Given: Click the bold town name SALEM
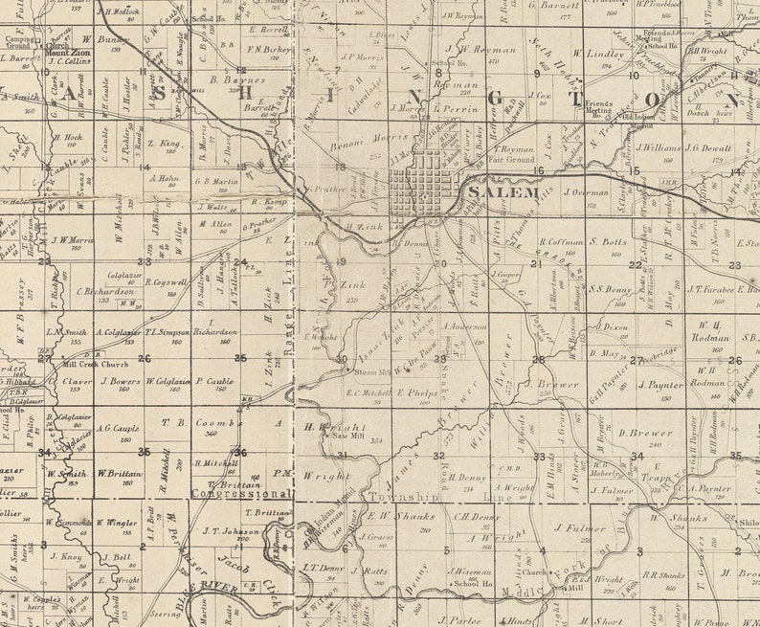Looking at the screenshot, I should [504, 192].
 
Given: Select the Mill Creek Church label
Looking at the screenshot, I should [88, 365].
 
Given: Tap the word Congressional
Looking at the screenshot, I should [241, 494].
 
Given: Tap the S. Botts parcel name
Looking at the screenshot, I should [608, 242].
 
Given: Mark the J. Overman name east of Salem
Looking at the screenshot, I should [587, 191].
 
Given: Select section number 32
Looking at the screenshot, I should [438, 456].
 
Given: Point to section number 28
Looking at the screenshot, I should [538, 360].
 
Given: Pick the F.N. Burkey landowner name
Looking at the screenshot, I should [269, 48].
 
